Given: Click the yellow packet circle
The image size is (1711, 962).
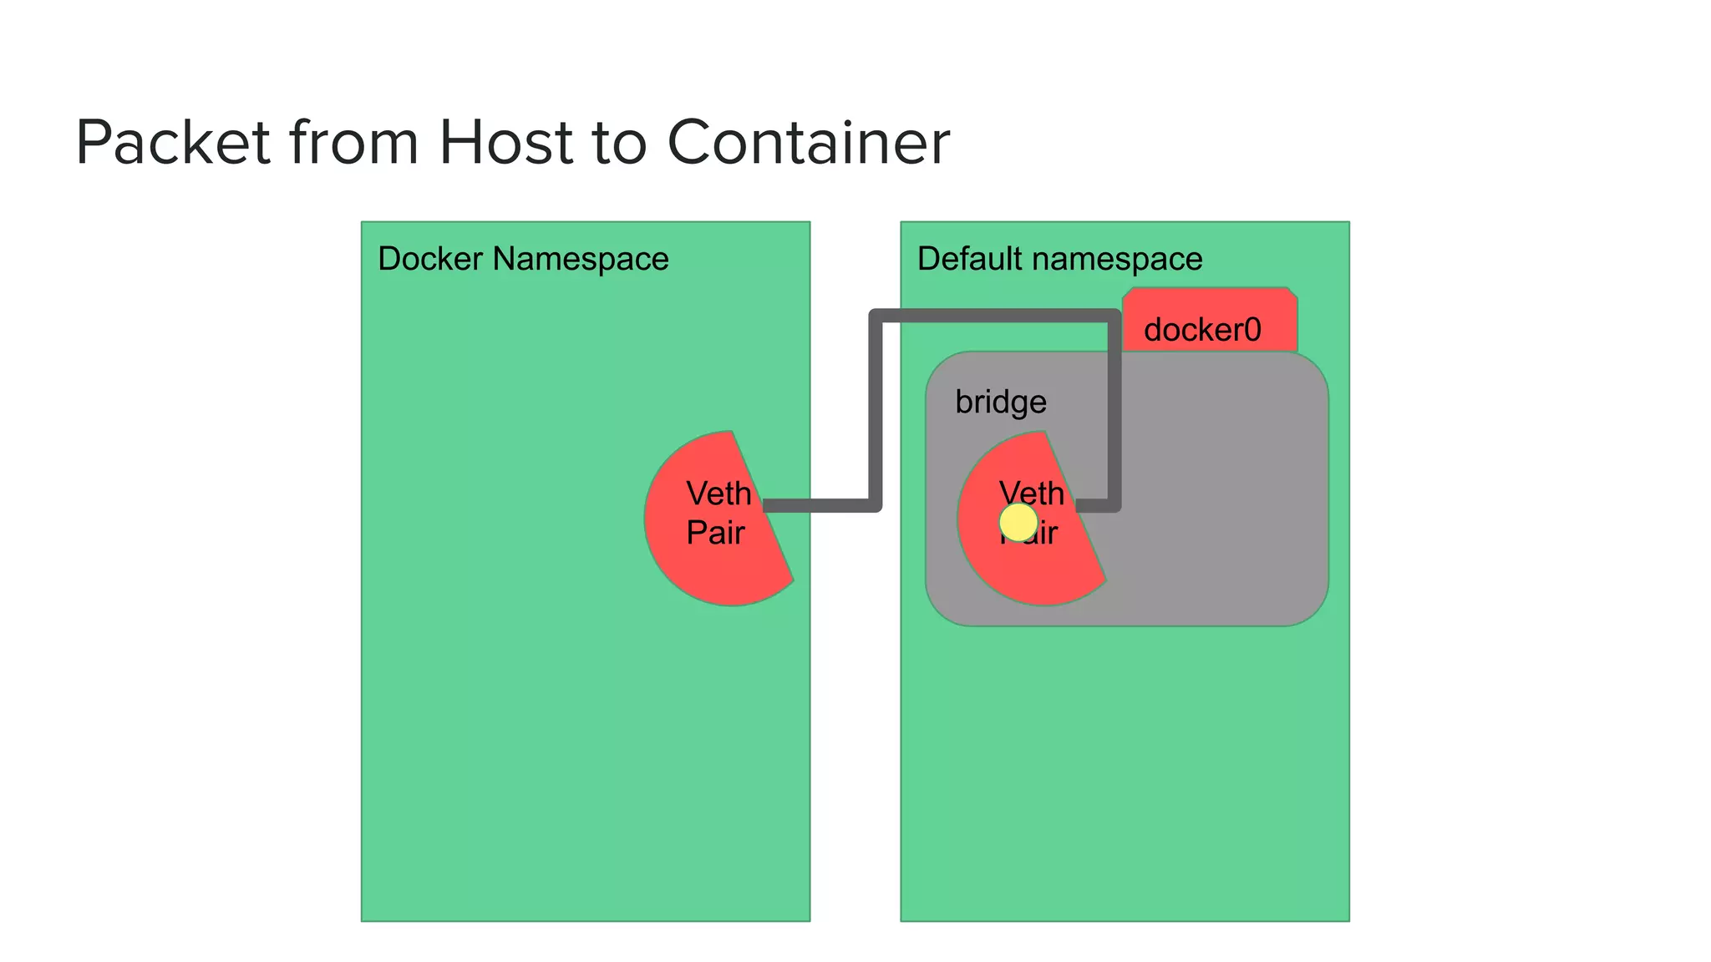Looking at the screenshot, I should [1018, 523].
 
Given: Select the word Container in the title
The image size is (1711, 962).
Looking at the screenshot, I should [808, 142].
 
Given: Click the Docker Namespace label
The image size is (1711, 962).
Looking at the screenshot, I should [523, 259].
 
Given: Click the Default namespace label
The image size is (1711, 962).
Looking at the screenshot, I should [1059, 259].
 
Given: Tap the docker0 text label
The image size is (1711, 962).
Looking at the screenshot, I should [1202, 330].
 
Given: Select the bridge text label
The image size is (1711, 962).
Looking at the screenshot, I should [1001, 402].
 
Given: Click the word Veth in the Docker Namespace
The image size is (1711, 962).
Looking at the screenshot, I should [718, 494].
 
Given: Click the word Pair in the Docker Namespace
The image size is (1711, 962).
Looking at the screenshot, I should [715, 533].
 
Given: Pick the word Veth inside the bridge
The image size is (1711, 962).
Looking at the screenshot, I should [1032, 493].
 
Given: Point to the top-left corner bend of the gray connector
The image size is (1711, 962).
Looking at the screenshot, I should [876, 316].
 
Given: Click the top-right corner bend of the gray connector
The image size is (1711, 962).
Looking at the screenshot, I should [1114, 316].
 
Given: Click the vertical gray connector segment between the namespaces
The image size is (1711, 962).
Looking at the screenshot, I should [876, 409].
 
